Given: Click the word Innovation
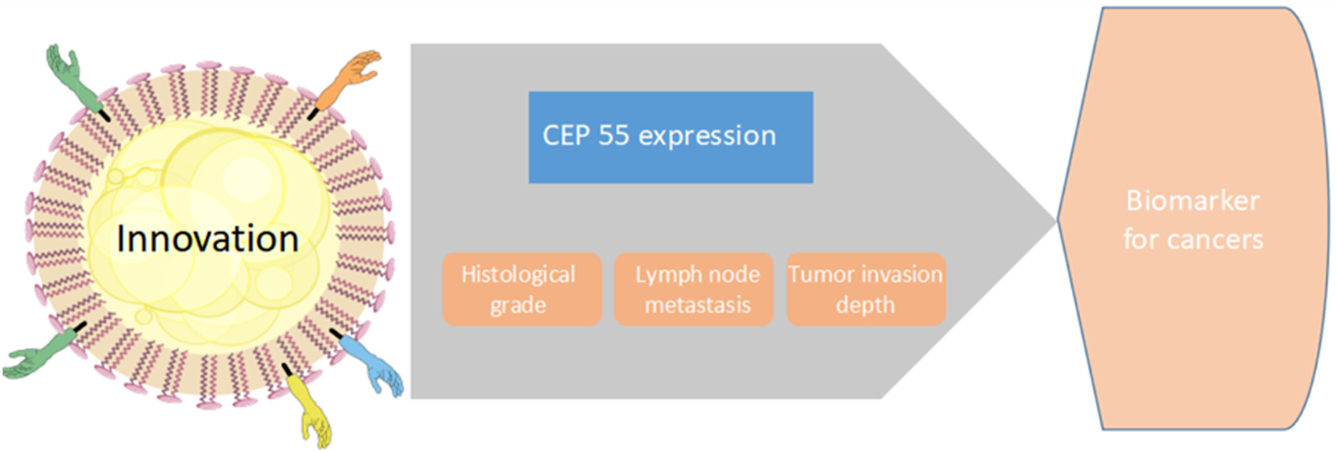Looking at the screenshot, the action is coord(207,239).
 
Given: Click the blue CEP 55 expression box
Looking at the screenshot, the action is coord(671,138).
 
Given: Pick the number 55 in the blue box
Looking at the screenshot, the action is coord(613,136).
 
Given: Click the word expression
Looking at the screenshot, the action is coord(707,137).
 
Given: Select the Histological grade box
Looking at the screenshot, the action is coord(522,289).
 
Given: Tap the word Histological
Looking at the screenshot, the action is coord(518,274).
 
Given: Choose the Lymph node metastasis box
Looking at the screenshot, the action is coord(693,289).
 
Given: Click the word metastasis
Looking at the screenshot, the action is coord(698,305).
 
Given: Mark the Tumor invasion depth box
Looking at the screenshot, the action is coord(866,289).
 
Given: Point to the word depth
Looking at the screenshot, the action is coord(865,305).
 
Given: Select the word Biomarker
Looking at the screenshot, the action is coord(1192,201).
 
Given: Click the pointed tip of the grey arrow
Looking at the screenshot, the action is coord(1056,219).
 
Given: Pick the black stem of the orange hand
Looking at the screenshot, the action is coord(313,114).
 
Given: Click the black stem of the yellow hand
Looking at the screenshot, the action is coord(288,370).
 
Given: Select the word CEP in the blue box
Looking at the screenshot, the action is coord(567,136).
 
